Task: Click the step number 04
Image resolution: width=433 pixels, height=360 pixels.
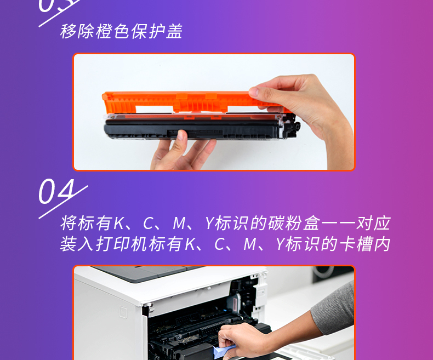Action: click(56, 191)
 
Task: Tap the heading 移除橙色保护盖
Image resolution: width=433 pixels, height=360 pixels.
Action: click(121, 31)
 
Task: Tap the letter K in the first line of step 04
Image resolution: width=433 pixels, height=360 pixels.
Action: click(119, 223)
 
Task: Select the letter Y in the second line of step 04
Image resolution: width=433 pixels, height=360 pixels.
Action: click(280, 244)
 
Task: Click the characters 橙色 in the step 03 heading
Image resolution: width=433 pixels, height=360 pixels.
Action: click(113, 31)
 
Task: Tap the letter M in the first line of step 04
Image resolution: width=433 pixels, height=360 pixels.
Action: click(179, 223)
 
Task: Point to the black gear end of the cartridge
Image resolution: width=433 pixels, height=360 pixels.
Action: click(292, 127)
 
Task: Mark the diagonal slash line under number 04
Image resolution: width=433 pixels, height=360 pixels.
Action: click(63, 202)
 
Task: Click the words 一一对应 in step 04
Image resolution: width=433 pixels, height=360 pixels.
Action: click(356, 223)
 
